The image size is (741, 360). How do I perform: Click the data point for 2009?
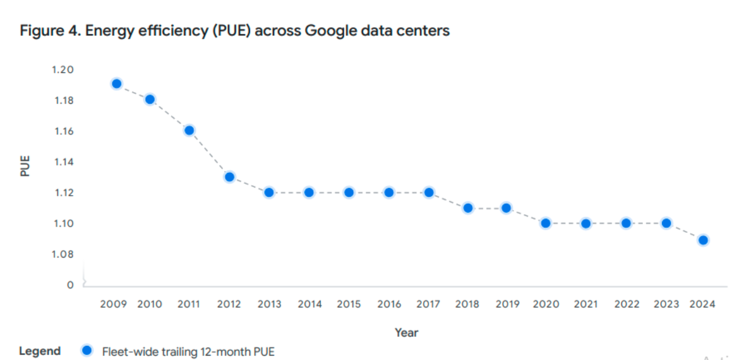pos(117,84)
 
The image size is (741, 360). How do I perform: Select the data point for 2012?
pos(230,177)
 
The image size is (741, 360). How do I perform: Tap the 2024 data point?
pos(703,240)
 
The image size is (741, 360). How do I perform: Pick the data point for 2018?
pos(468,208)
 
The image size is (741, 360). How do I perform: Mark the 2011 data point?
pos(190,130)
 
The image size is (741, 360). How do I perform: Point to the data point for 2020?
pos(546,223)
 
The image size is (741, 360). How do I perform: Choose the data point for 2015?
pos(349,193)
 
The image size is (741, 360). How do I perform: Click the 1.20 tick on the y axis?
pos(62,70)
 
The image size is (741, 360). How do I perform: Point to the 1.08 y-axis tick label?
pos(62,254)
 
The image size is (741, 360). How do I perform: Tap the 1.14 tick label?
pos(62,162)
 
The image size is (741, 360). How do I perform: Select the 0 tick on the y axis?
pos(70,285)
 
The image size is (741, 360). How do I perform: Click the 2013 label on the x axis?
pos(269,304)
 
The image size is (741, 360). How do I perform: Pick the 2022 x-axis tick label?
pos(626,304)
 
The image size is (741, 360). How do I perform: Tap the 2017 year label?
pos(429,304)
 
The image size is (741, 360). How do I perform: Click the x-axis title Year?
pos(406,333)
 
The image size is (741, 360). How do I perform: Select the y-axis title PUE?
pos(25,167)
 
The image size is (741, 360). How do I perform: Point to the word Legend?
pos(40,351)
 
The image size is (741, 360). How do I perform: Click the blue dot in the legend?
pos(87,351)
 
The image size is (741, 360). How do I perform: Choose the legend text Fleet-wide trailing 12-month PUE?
pos(188,351)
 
